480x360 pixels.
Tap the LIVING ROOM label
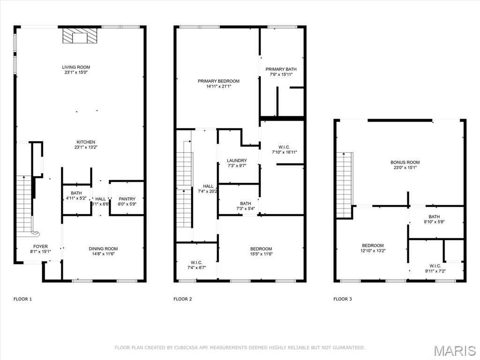click(76, 67)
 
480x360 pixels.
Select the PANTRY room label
click(127, 199)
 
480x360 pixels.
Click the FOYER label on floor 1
click(40, 246)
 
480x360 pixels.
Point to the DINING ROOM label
click(103, 248)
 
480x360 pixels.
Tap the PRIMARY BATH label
click(281, 69)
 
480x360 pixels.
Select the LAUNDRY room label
click(237, 160)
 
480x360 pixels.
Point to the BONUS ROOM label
click(405, 162)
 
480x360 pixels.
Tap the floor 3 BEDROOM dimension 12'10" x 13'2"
click(373, 251)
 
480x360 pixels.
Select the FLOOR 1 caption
click(22, 299)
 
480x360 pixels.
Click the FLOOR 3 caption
click(343, 299)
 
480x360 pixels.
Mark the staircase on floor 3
click(345, 185)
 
